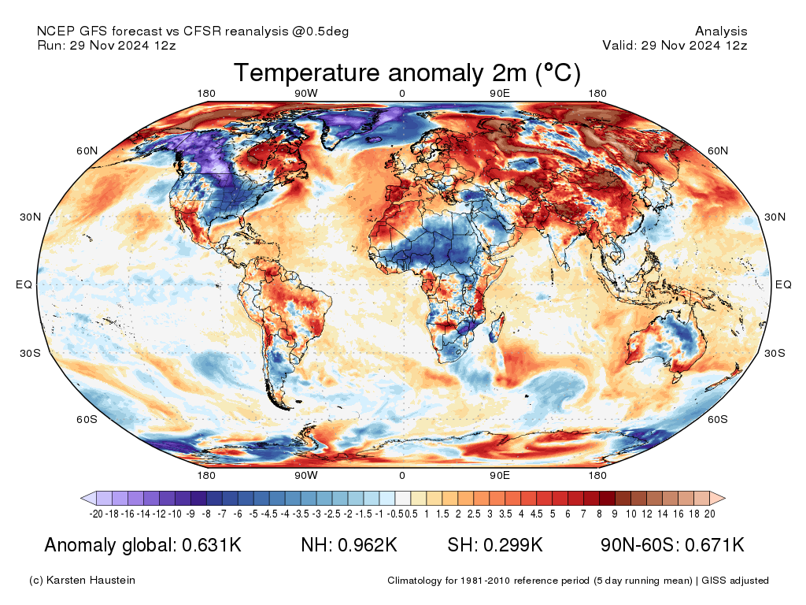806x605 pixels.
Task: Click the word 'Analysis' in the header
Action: tap(721, 32)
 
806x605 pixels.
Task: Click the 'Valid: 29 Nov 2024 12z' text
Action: tap(675, 46)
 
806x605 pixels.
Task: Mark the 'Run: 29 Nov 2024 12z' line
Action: tap(106, 46)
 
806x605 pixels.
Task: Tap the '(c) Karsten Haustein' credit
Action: tap(82, 581)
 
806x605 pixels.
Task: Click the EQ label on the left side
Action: tap(24, 285)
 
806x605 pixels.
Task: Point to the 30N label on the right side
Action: tap(775, 217)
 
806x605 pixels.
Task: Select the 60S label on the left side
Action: tap(87, 419)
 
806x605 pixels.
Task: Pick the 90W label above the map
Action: tap(306, 94)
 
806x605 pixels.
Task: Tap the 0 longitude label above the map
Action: tap(402, 94)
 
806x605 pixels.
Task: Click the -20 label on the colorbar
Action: tap(96, 514)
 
